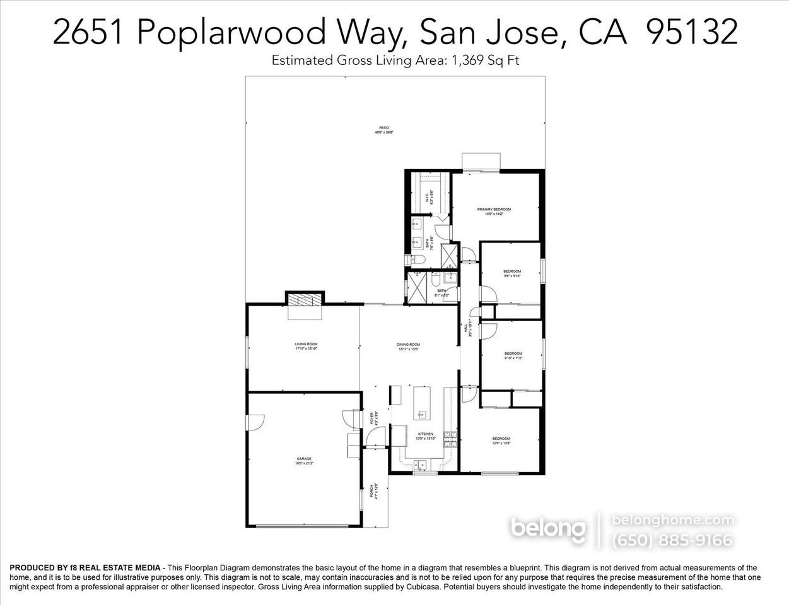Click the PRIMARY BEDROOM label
[494, 209]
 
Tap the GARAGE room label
[304, 459]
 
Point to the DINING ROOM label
[408, 345]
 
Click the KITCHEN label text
[426, 434]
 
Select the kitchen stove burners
[450, 439]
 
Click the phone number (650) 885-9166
[672, 540]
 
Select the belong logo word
[548, 528]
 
